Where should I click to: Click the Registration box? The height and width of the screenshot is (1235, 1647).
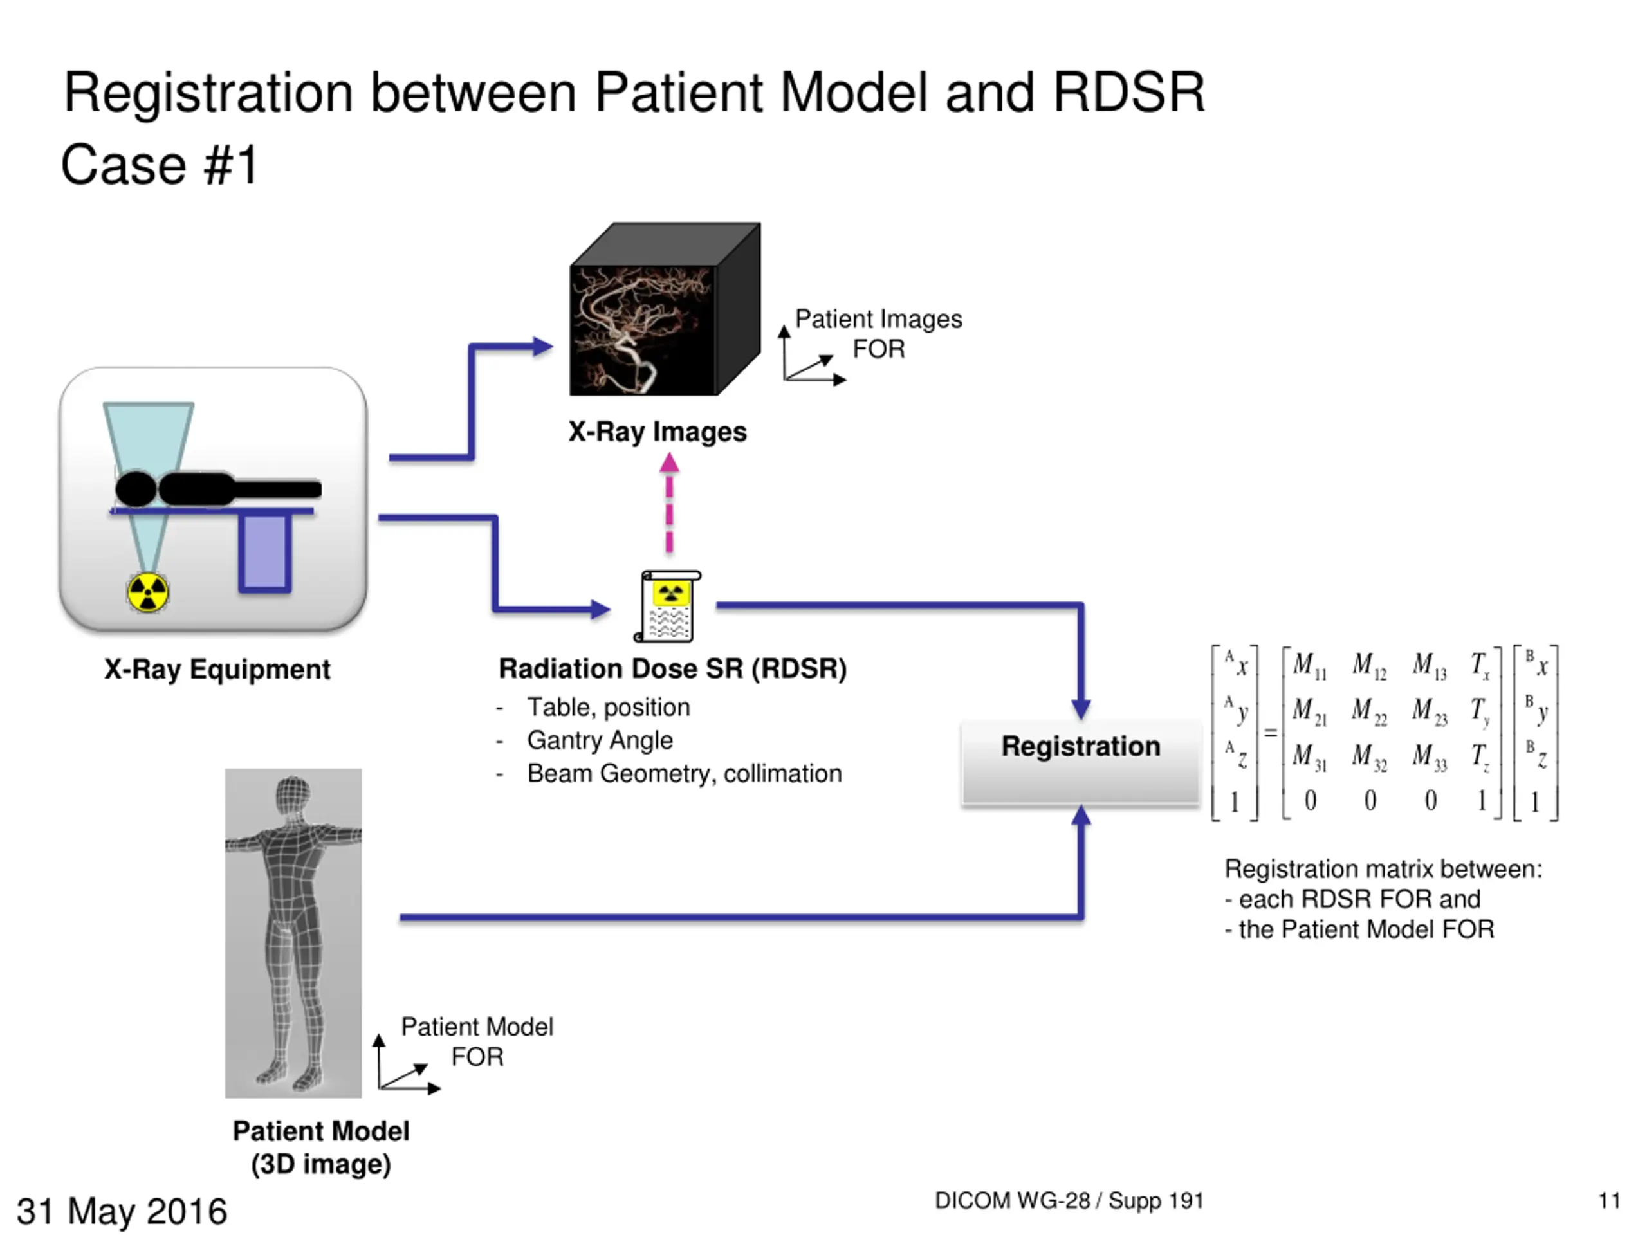click(1080, 762)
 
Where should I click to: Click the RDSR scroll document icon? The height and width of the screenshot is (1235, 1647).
click(668, 607)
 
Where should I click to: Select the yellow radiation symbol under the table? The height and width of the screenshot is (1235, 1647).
click(147, 592)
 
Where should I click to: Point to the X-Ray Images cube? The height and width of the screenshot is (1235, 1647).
click(665, 309)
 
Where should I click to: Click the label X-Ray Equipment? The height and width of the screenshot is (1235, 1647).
click(217, 669)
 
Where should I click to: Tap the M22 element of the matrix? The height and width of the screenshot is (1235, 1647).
click(1369, 711)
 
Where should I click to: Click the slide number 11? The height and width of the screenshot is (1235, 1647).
click(1609, 1201)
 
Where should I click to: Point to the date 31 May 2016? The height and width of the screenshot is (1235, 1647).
click(122, 1211)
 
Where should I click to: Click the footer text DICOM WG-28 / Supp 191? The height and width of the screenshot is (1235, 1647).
click(1069, 1201)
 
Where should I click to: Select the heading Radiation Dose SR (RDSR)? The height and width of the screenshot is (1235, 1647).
click(673, 668)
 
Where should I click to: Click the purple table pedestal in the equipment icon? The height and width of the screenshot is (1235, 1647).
click(264, 553)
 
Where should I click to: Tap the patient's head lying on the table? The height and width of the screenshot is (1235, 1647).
click(136, 489)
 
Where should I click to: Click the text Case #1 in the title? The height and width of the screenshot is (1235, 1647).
click(160, 165)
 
